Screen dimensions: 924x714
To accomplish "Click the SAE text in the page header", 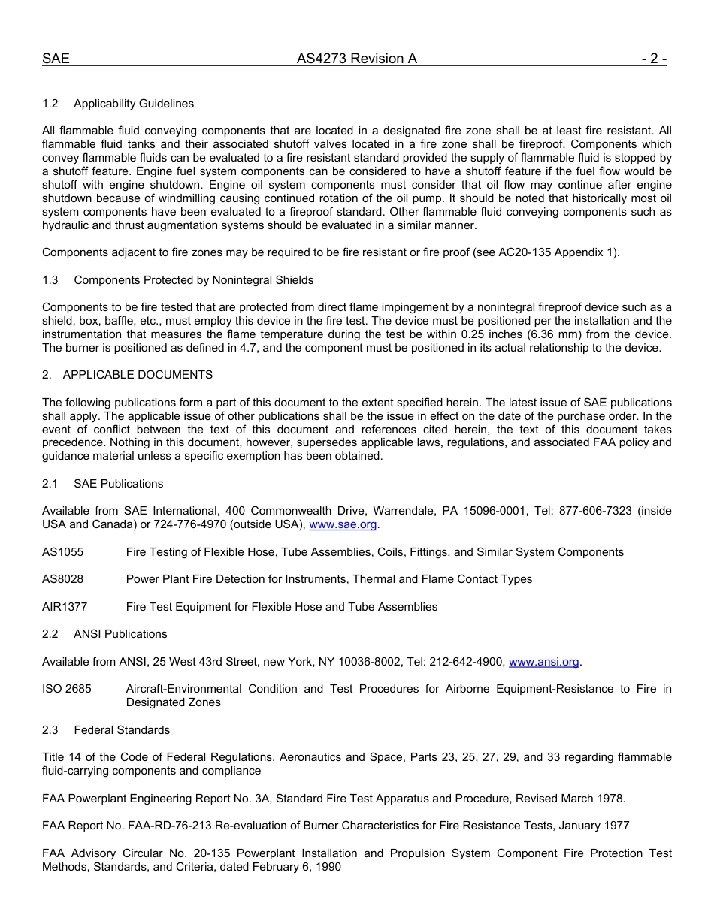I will tap(56, 59).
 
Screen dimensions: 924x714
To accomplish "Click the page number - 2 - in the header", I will tap(653, 59).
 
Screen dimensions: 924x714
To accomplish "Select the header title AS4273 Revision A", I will tap(356, 59).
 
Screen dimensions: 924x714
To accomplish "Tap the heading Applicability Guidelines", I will tap(133, 104).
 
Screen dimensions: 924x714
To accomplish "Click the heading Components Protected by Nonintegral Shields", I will tap(193, 280).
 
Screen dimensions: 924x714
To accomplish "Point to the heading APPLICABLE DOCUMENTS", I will tap(138, 374).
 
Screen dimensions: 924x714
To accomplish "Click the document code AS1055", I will tap(63, 552).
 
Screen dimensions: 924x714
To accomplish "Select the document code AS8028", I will tap(63, 579).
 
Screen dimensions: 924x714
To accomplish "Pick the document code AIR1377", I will tap(65, 606).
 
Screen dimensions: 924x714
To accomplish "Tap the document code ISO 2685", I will tap(67, 689).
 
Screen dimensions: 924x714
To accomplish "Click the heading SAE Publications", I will tap(118, 484).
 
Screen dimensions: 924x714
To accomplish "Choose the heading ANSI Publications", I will tap(120, 634).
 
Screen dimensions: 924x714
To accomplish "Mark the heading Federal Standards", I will tap(122, 730).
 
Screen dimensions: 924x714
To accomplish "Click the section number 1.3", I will tap(50, 280).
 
